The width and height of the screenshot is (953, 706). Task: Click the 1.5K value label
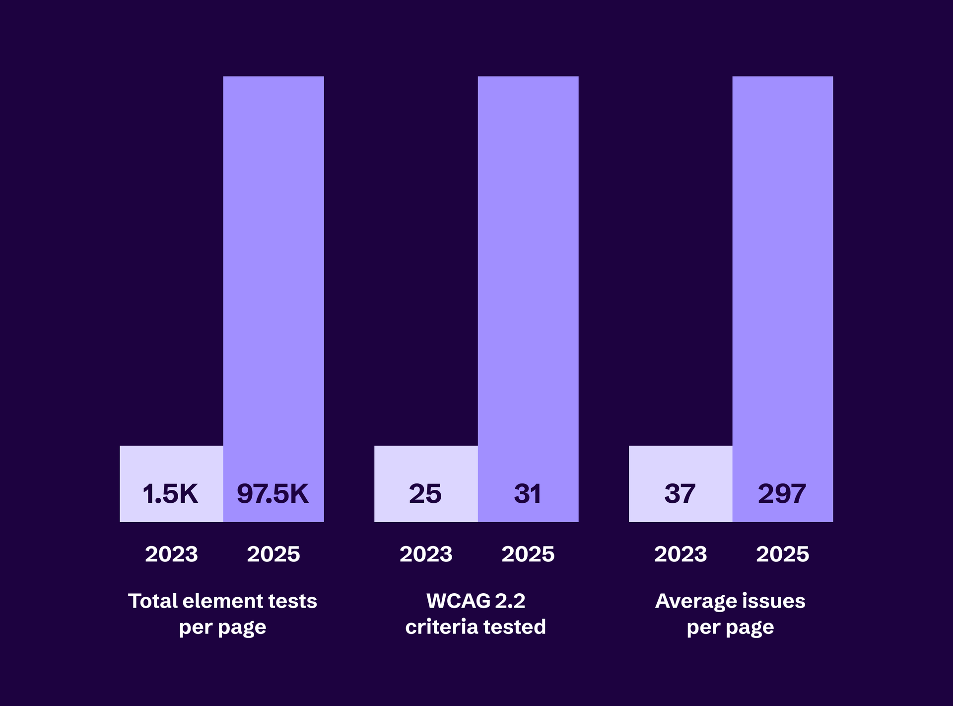[x=170, y=494]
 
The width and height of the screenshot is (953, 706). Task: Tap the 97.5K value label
[x=273, y=494]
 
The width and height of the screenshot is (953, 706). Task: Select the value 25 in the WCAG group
[x=425, y=494]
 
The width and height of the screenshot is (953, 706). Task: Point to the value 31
[x=528, y=494]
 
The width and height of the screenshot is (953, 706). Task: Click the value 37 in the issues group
[x=680, y=494]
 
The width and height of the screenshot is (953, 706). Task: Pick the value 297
[x=782, y=494]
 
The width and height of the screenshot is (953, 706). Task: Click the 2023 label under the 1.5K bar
[x=171, y=554]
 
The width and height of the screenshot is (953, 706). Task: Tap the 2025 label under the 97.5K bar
[x=273, y=554]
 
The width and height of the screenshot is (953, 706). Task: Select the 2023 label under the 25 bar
[x=426, y=554]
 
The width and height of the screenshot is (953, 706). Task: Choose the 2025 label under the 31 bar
[x=528, y=554]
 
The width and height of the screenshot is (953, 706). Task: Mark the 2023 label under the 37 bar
[x=681, y=554]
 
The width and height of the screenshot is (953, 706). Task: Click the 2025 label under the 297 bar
[x=783, y=554]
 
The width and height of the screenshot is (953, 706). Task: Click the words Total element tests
[x=222, y=601]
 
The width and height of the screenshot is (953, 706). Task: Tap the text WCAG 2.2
[x=476, y=601]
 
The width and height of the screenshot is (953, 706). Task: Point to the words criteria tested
[x=476, y=627]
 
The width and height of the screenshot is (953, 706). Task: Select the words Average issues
[x=730, y=601]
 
